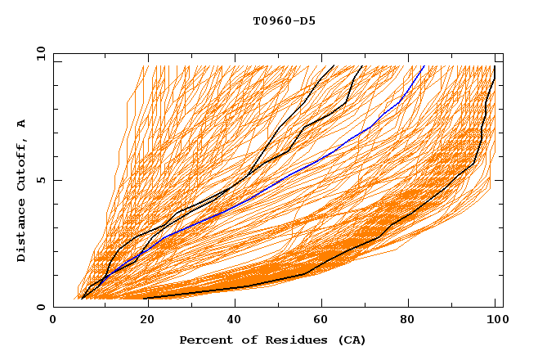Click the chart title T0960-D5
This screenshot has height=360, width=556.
[284, 21]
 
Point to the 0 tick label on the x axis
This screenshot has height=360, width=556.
[53, 322]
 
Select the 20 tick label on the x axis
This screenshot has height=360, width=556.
[141, 322]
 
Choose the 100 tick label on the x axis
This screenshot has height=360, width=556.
[495, 322]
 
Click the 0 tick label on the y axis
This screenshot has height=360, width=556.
[41, 308]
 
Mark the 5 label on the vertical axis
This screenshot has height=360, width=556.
[41, 180]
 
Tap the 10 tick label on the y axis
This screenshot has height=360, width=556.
[38, 53]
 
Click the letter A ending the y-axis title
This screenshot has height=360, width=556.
[22, 124]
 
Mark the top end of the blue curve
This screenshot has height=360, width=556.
[424, 66]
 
